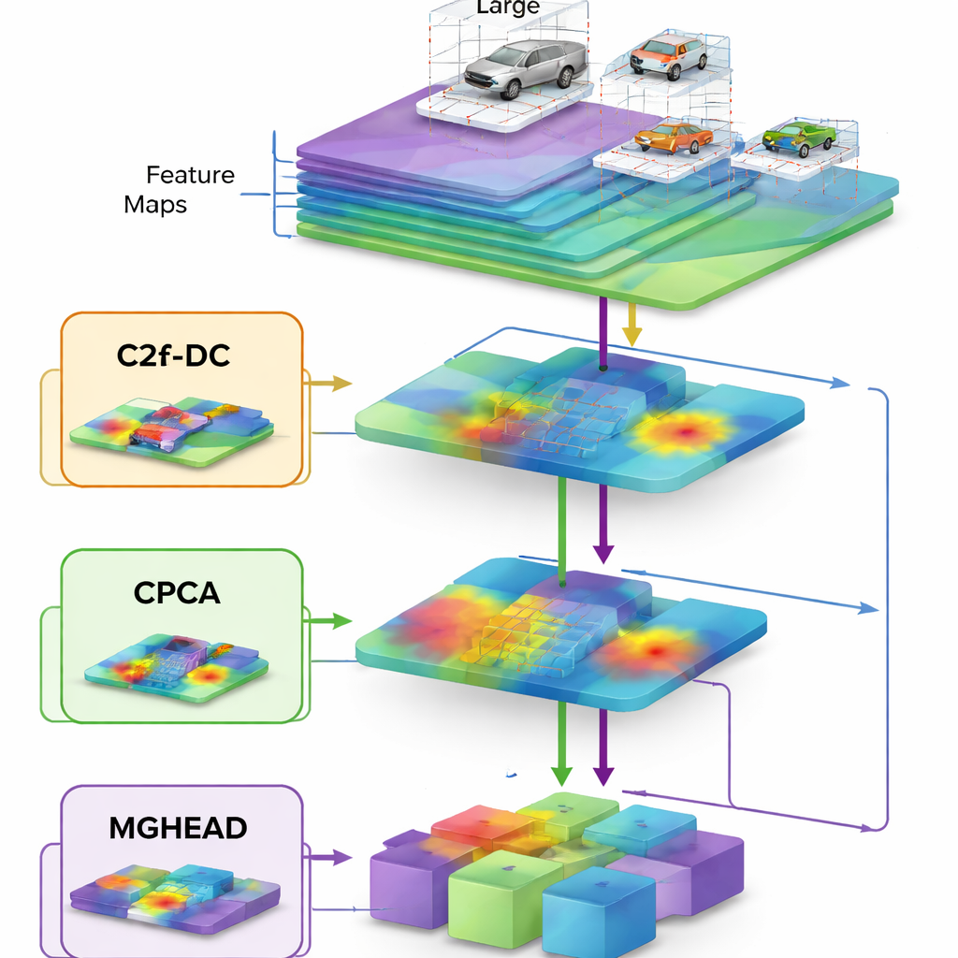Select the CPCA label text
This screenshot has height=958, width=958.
click(x=177, y=593)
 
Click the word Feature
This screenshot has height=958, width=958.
click(x=190, y=175)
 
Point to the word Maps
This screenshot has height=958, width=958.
click(x=155, y=204)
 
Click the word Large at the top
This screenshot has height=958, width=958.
click(x=508, y=8)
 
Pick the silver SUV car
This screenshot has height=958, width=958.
click(x=525, y=68)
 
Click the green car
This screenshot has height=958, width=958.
click(x=798, y=138)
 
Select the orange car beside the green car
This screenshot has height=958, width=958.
click(x=673, y=137)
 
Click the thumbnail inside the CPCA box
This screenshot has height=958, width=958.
click(x=177, y=666)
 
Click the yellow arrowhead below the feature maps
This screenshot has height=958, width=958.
click(x=632, y=334)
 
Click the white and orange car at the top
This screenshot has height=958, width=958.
click(x=668, y=55)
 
